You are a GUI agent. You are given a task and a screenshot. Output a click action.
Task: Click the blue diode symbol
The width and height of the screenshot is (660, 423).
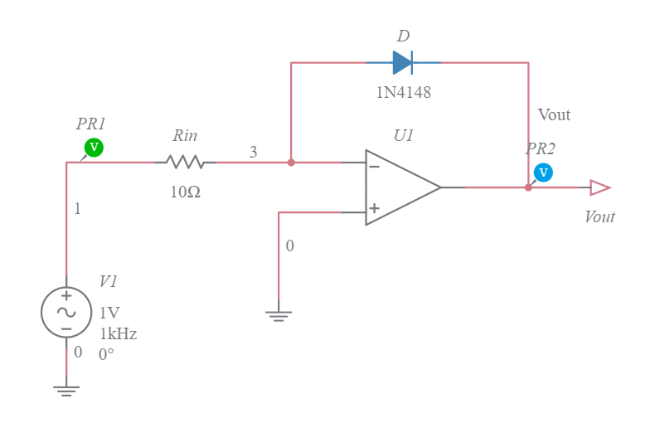click(x=403, y=62)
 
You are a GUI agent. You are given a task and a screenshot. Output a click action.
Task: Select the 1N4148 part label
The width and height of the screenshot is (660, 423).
click(x=403, y=92)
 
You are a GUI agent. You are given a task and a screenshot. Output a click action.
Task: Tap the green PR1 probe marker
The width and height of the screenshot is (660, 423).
click(x=94, y=148)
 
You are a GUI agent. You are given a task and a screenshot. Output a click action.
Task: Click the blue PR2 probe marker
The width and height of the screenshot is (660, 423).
click(x=543, y=173)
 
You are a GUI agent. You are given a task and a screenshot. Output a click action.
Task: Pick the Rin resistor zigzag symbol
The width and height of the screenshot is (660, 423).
click(x=185, y=162)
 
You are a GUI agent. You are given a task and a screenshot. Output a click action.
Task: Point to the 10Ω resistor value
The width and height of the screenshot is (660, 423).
click(x=185, y=192)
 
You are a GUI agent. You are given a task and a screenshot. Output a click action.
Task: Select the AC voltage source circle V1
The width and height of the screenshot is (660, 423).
click(x=66, y=312)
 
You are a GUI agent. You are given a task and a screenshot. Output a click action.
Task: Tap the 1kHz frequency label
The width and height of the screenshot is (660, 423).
click(x=119, y=333)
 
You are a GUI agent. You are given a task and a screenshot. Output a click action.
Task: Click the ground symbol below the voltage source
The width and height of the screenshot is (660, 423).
click(x=66, y=389)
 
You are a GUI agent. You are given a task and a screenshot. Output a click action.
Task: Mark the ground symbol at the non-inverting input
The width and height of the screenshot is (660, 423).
click(x=279, y=315)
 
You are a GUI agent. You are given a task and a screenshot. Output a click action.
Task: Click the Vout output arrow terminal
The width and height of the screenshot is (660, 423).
click(x=599, y=187)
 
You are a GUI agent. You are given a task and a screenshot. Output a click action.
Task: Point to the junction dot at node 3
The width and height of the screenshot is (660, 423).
click(x=291, y=163)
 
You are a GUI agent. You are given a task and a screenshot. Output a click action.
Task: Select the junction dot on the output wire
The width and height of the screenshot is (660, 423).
click(x=528, y=187)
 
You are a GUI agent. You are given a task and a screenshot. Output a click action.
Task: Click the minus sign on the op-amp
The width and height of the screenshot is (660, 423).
click(x=375, y=167)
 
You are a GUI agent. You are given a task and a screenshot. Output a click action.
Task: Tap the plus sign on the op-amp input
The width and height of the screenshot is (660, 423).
click(x=375, y=208)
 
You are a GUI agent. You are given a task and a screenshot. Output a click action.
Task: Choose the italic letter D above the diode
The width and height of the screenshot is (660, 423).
click(x=403, y=36)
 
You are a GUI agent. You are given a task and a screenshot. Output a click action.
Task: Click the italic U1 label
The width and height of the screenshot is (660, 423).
click(x=404, y=135)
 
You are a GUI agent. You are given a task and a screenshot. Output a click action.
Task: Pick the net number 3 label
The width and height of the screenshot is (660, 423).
click(x=253, y=152)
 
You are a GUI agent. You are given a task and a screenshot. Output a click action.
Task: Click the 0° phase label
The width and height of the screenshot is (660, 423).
click(x=106, y=354)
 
